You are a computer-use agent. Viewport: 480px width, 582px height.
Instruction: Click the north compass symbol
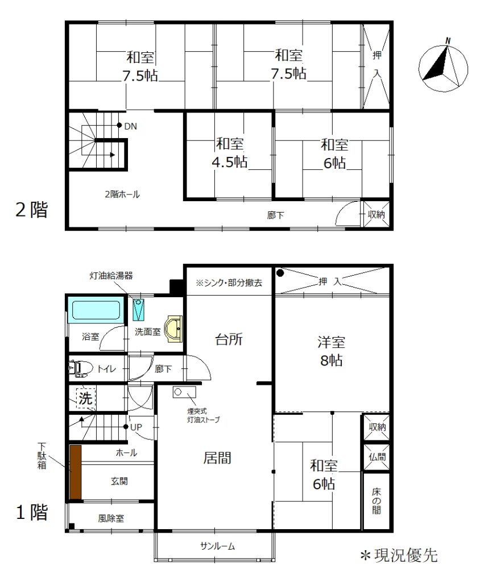coord(443,67)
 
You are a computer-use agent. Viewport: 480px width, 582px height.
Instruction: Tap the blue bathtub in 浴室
coord(96,310)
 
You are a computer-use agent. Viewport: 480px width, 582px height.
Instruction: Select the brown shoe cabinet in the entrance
coord(76,472)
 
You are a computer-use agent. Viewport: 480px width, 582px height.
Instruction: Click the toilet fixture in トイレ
coord(80,368)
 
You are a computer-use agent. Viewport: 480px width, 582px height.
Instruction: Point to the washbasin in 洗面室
coord(173,329)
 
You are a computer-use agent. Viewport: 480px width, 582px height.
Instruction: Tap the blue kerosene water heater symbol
coord(139,310)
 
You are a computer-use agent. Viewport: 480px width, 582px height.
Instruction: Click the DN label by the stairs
coord(130,127)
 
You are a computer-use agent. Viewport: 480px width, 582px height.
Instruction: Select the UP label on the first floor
coord(136,427)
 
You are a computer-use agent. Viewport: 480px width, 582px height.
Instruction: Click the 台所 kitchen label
coord(229,339)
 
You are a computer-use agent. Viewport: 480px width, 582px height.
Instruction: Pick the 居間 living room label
coord(217,458)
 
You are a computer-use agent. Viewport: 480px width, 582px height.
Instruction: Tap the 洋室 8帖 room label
coord(332,351)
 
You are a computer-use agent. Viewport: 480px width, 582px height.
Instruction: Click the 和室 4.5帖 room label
coord(230,153)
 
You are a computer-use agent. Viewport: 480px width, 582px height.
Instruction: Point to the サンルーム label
coord(217,546)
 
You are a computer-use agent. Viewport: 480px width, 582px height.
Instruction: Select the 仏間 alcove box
coord(376,457)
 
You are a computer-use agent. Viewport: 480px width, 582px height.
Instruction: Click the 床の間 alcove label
coord(376,501)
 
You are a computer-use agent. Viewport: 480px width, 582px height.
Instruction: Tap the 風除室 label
coord(111,518)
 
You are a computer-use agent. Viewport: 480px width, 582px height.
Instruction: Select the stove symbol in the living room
coord(184,392)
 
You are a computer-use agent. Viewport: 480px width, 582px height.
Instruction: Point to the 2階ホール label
coord(122,194)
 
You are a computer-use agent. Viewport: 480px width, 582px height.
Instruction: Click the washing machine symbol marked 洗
coord(86,398)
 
